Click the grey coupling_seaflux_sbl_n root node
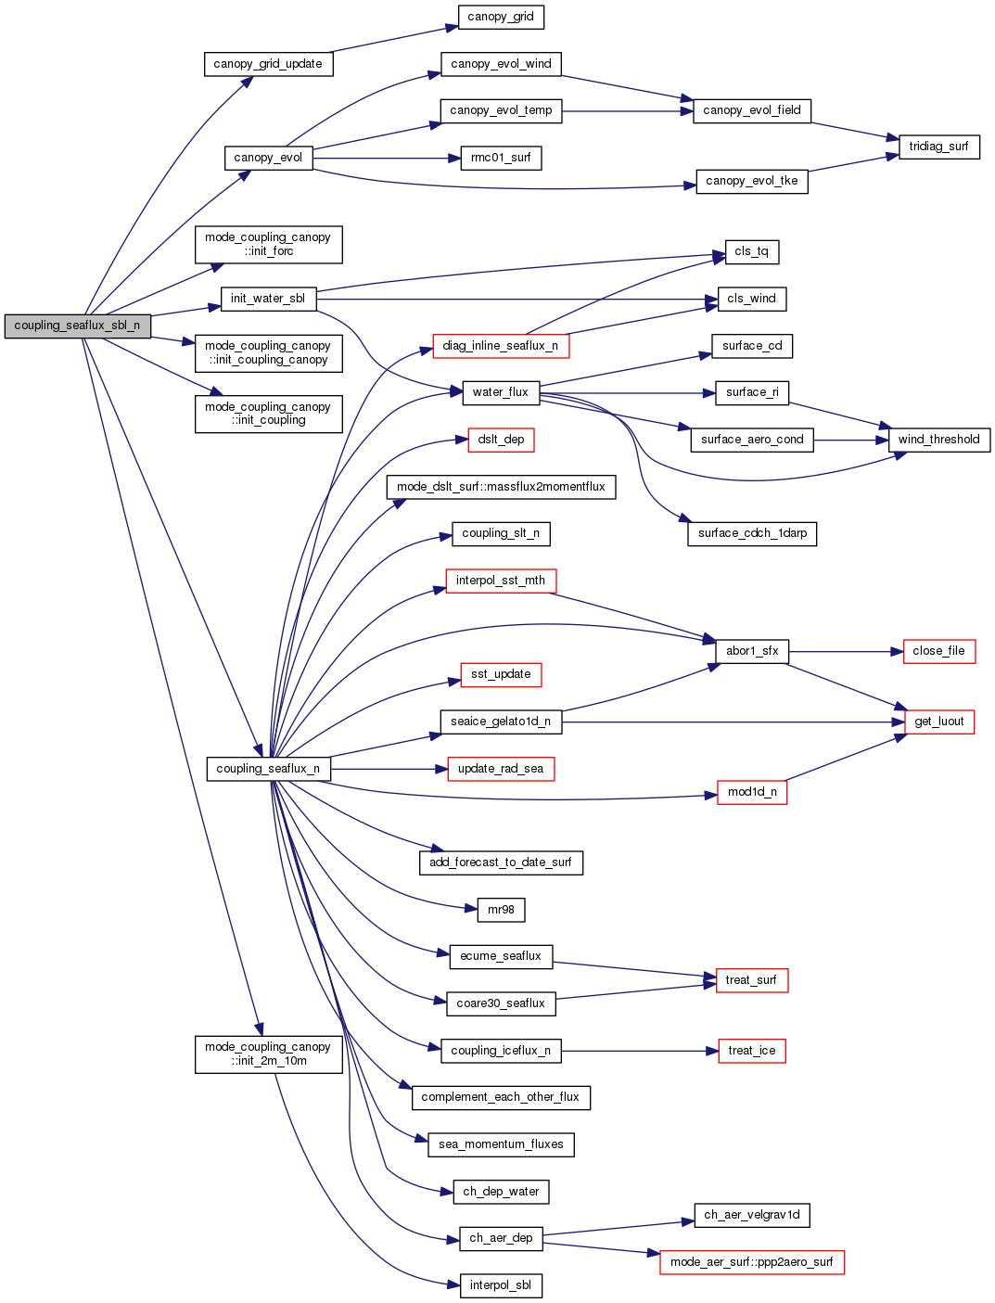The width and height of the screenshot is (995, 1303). point(77,326)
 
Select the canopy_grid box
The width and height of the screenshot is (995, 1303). point(501,17)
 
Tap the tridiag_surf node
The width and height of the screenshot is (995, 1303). point(938,147)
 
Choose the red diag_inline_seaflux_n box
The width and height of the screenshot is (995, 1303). point(501,346)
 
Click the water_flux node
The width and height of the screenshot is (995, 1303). point(501,392)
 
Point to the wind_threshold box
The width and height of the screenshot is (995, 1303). point(938,440)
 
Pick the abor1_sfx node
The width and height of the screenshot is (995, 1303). point(752,651)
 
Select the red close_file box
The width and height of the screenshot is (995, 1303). point(938,651)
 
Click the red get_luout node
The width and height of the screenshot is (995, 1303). point(938,722)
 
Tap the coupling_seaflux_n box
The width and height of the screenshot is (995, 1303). point(268,769)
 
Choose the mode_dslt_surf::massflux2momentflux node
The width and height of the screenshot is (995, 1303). point(501,487)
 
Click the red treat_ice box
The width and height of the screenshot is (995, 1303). point(751,1051)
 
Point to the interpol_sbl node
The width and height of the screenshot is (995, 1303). point(501,1285)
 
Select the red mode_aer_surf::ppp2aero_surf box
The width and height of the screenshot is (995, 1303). point(751,1262)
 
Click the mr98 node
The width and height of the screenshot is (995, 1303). point(501,910)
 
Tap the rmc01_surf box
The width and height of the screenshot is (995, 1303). point(501,158)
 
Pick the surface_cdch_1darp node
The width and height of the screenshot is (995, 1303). point(752,533)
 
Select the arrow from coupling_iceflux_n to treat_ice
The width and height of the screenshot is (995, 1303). point(640,1051)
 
